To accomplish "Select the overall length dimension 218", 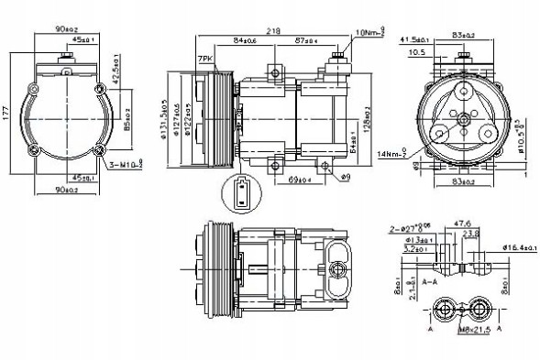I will click(x=273, y=31).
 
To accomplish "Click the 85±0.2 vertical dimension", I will click(x=127, y=116).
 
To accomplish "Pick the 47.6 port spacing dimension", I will click(x=462, y=223).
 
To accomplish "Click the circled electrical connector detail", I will click(x=239, y=193).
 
